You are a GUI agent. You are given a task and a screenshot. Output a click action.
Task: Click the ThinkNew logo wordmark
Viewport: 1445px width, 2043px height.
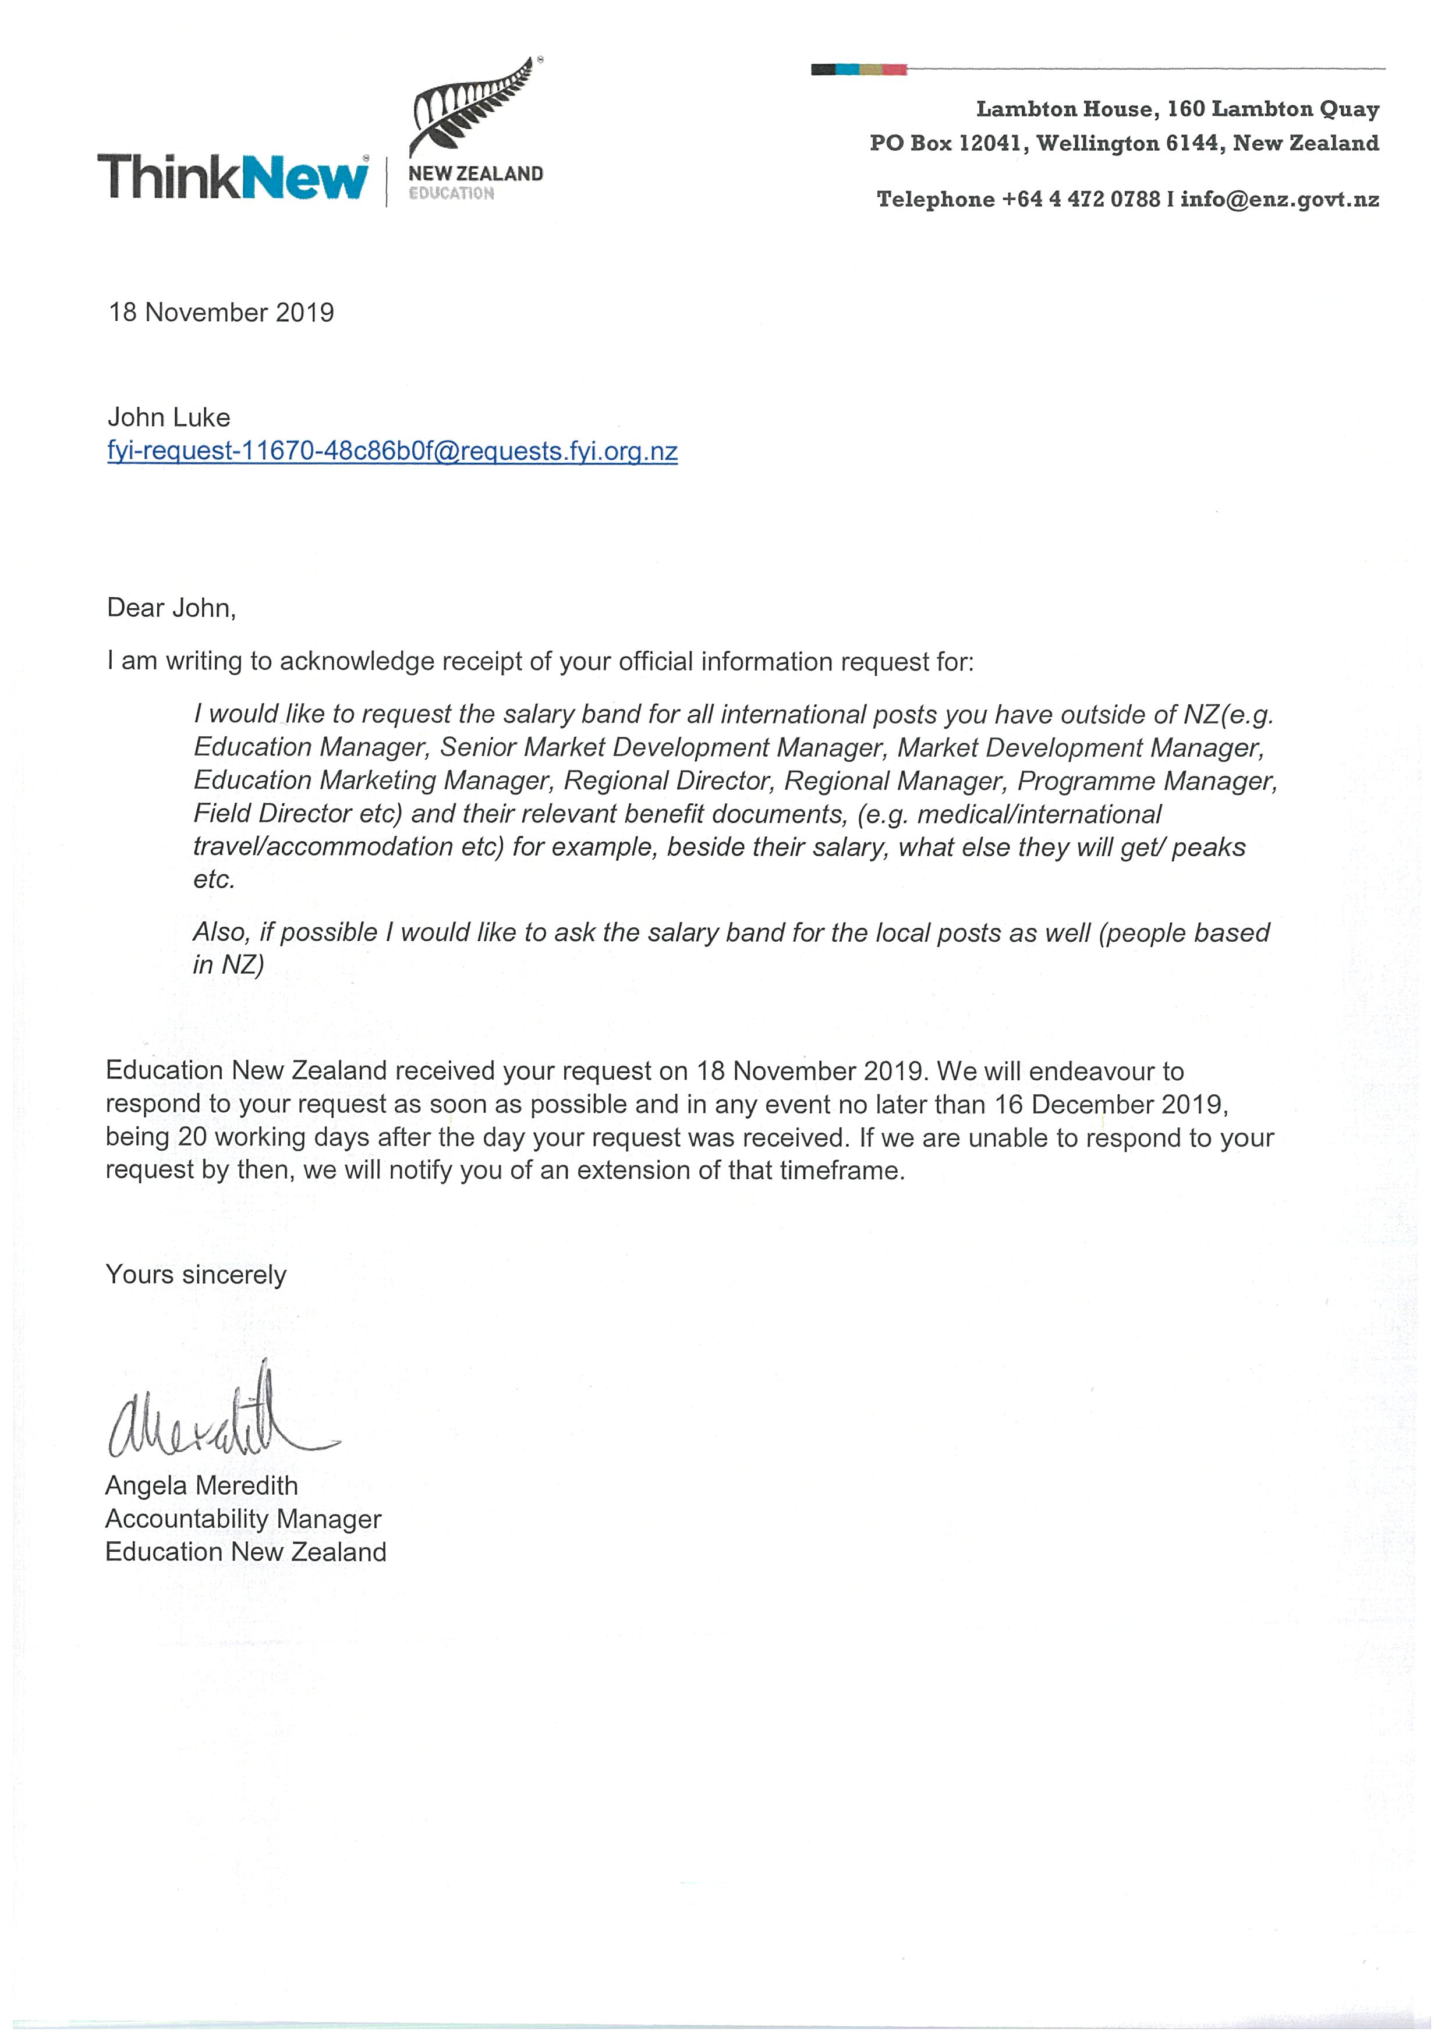pos(232,177)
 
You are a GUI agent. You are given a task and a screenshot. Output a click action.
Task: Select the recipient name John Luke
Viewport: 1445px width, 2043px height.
pos(168,417)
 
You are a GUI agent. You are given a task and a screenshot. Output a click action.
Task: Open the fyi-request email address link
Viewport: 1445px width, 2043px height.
pos(392,451)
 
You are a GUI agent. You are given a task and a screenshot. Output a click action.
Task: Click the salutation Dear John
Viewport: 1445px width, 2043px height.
pos(171,608)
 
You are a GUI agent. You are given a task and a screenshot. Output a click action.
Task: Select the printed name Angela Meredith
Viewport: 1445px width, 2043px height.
pos(201,1485)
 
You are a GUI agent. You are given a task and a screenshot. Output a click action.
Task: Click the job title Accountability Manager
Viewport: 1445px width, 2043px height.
pos(243,1518)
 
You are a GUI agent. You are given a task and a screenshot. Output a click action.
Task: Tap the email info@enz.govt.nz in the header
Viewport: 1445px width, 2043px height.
pos(1280,199)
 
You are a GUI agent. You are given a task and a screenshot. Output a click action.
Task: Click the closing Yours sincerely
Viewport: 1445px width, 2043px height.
pos(196,1274)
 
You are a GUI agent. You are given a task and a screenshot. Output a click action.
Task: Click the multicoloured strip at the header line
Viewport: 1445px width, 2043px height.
pos(859,69)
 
